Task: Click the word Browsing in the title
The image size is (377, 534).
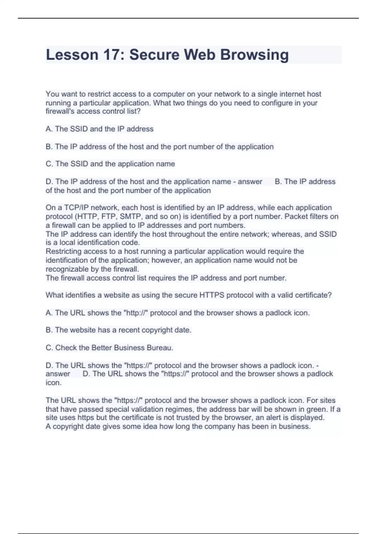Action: [254, 55]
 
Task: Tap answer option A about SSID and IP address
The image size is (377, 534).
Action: [100, 129]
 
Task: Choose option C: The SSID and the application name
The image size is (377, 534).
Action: [110, 164]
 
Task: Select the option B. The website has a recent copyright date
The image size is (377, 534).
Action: [118, 330]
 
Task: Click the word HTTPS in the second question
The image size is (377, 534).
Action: [212, 295]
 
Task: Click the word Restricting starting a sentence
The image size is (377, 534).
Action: [63, 252]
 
